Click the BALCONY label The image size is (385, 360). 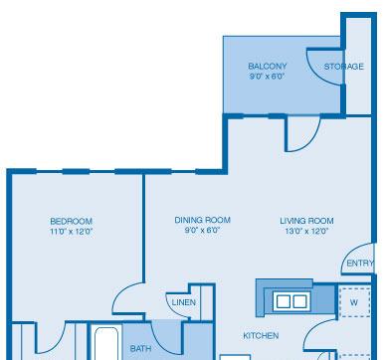click(x=268, y=66)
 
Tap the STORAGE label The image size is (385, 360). click(x=344, y=67)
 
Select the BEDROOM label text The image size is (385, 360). click(x=72, y=221)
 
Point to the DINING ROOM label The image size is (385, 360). click(x=202, y=220)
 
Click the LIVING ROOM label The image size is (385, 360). click(x=306, y=221)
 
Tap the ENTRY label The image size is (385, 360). click(x=360, y=264)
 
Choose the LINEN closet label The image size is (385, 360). click(x=184, y=302)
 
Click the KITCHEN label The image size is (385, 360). click(x=261, y=336)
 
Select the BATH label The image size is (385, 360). click(x=141, y=348)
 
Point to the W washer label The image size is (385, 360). click(x=354, y=302)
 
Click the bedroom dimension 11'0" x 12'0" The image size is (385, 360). click(x=71, y=232)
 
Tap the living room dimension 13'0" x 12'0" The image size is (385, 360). click(x=306, y=231)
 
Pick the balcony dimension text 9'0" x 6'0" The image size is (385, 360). click(x=268, y=77)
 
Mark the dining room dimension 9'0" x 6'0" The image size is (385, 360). click(x=202, y=230)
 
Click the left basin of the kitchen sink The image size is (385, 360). click(x=284, y=301)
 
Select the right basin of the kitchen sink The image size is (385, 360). click(x=299, y=301)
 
